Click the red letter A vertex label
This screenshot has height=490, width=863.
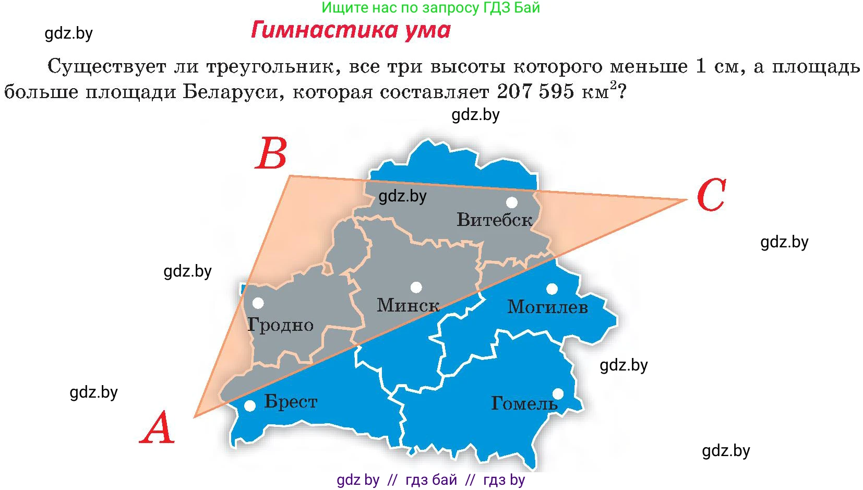pos(157,428)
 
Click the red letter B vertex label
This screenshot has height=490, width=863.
pos(271,153)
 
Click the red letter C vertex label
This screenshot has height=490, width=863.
pos(711,196)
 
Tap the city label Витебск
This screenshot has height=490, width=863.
pos(494,220)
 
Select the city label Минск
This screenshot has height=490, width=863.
pos(408,305)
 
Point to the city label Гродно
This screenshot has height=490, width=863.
pos(280,325)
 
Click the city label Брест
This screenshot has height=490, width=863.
pos(291,402)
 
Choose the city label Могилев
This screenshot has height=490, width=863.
pos(547,307)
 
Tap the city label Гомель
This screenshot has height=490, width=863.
pos(524,403)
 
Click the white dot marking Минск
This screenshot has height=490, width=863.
pos(416,287)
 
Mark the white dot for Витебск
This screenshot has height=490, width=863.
pos(511,202)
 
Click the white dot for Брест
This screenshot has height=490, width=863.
pos(250,405)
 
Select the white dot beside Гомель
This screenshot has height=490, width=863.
pos(558,393)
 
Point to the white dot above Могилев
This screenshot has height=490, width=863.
pos(552,289)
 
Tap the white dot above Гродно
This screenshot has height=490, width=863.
pos(258,303)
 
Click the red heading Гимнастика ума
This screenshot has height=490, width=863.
pos(351,30)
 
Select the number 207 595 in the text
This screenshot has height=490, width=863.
pos(535,91)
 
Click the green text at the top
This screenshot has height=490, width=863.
pos(430,8)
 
